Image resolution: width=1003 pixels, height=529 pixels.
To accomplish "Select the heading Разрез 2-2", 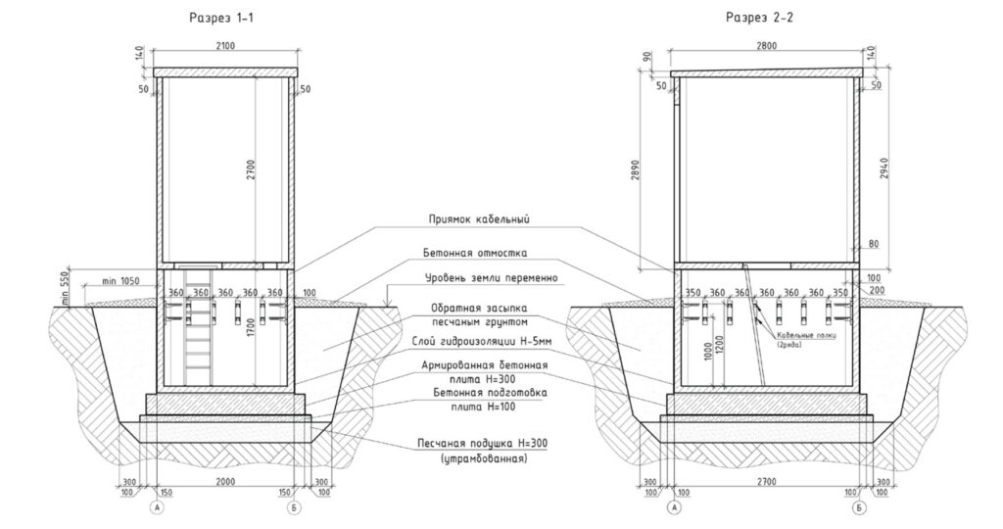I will (760, 18).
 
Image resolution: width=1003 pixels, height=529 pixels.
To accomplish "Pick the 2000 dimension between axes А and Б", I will (226, 483).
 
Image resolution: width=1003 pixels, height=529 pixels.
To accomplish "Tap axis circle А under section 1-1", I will (158, 509).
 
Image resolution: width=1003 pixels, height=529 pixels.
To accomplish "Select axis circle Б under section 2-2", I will (859, 509).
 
